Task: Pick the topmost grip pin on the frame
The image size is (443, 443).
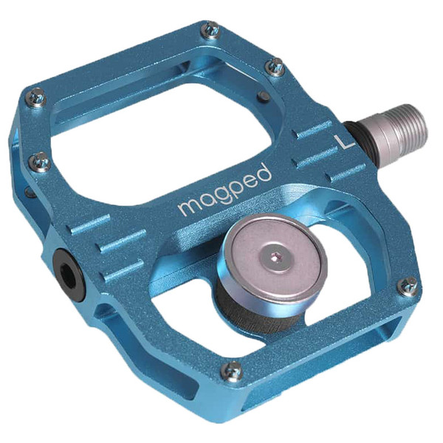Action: coord(211,30)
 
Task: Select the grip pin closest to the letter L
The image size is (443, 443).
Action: coord(275,67)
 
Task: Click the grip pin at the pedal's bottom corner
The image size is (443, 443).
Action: coord(233,371)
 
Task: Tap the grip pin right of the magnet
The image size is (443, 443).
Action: coord(407,286)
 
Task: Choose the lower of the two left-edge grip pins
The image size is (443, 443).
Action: coord(41,160)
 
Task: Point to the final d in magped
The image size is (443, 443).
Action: coord(264,173)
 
